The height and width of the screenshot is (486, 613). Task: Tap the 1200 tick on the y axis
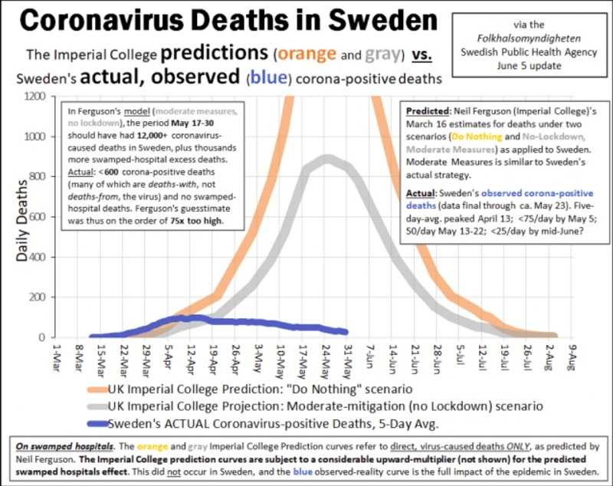(x=34, y=96)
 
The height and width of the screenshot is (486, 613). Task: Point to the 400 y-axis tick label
(x=38, y=257)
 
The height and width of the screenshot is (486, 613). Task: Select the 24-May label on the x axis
(x=324, y=362)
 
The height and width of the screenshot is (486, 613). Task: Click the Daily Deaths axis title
(x=22, y=220)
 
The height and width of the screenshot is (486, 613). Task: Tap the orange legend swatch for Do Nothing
(x=97, y=389)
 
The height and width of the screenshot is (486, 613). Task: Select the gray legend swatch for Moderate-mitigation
(x=97, y=406)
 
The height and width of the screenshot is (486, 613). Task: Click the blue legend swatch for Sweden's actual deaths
(x=97, y=423)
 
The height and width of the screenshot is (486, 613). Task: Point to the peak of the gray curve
(x=327, y=159)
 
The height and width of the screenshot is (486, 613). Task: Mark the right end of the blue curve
(x=346, y=333)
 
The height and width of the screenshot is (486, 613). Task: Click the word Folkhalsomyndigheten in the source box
(x=529, y=38)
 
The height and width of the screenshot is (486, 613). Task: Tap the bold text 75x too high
(x=196, y=221)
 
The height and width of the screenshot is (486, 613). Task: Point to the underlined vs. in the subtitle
(x=421, y=55)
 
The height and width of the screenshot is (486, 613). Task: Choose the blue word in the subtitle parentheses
(x=269, y=77)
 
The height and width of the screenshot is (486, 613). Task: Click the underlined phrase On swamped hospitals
(x=65, y=446)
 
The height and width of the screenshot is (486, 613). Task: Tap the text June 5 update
(x=529, y=66)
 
